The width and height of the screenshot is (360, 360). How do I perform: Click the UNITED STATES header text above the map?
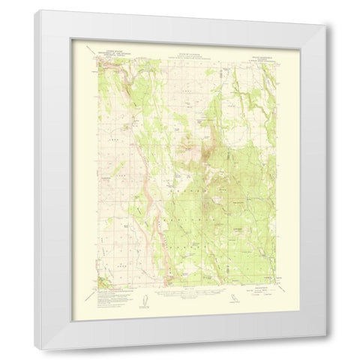[110, 52]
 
